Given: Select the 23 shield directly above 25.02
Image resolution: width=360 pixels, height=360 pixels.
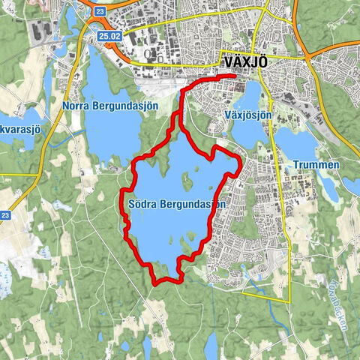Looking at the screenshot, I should pos(100,11).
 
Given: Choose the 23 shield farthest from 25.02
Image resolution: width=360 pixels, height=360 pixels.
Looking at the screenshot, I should pos(5,216).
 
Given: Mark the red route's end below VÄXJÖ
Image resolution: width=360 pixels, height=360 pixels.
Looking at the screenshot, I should pos(234,76).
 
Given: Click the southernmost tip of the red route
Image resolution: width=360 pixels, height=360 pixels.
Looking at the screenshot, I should pos(155,283).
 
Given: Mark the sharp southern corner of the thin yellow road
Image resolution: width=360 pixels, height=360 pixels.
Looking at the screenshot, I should pos(289,301).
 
